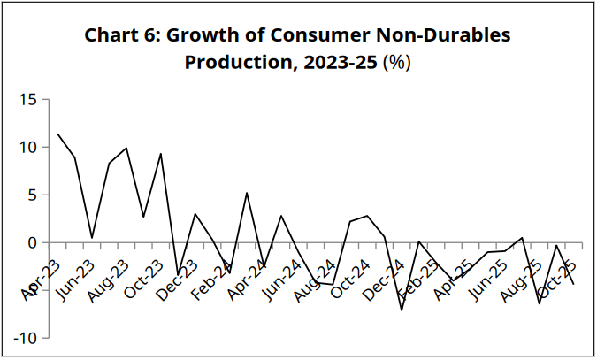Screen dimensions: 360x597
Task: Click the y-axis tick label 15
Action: [27, 99]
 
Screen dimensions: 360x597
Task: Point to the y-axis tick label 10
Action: [27, 147]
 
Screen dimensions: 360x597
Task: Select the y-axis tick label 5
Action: [32, 195]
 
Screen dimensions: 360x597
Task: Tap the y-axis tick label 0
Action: [32, 242]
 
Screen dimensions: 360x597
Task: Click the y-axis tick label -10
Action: [24, 338]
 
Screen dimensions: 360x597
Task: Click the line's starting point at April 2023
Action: [57, 134]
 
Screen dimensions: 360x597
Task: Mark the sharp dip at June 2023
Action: [92, 238]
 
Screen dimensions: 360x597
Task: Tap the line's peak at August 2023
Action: [126, 148]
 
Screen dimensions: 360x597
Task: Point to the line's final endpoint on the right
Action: [573, 284]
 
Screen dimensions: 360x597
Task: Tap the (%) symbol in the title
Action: [396, 64]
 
